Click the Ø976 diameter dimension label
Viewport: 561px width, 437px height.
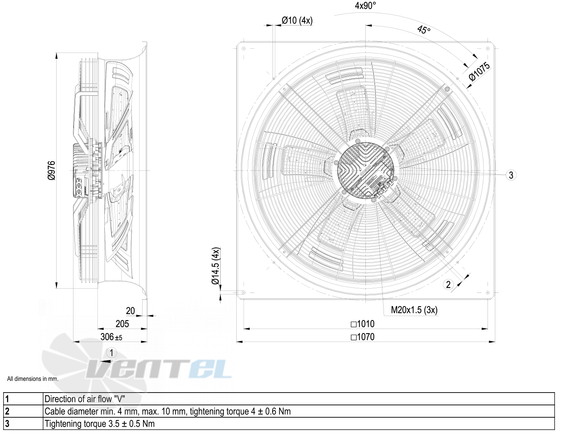[52, 170]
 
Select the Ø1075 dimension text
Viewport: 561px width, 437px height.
[479, 71]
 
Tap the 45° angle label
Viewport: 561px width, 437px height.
[424, 30]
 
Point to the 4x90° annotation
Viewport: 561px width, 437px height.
[365, 5]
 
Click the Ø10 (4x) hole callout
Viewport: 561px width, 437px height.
[297, 20]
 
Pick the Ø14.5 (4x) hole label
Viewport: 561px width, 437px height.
[215, 266]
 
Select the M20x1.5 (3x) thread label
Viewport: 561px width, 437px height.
[414, 310]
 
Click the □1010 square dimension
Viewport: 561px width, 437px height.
[363, 324]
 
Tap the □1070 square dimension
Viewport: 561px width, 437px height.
[363, 337]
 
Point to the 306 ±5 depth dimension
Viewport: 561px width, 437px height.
[111, 337]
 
